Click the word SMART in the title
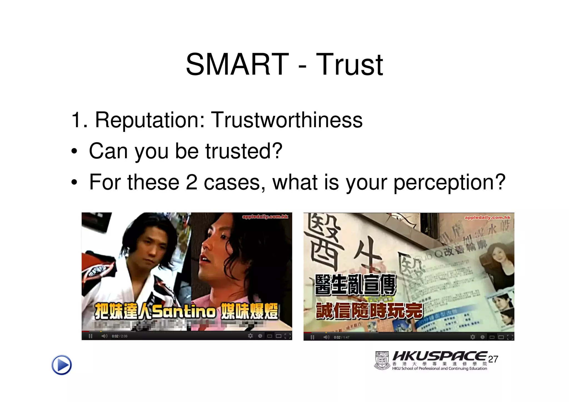pos(237,65)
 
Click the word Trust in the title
pos(349,65)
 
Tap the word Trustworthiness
pos(287,120)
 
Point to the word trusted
pos(244,151)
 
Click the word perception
pos(449,183)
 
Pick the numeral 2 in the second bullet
pos(191,183)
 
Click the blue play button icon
pos(62,365)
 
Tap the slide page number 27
pos(493,359)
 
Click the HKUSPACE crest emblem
pos(382,361)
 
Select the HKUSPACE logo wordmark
pos(440,356)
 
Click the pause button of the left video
pos(90,336)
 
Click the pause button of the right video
pos(312,337)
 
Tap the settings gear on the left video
pos(250,336)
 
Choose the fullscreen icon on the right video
pos(510,337)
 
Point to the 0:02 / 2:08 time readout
pos(119,336)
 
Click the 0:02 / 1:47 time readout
pos(341,337)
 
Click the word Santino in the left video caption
pos(184,311)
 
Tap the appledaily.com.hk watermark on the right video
pos(487,218)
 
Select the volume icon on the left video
pos(104,336)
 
